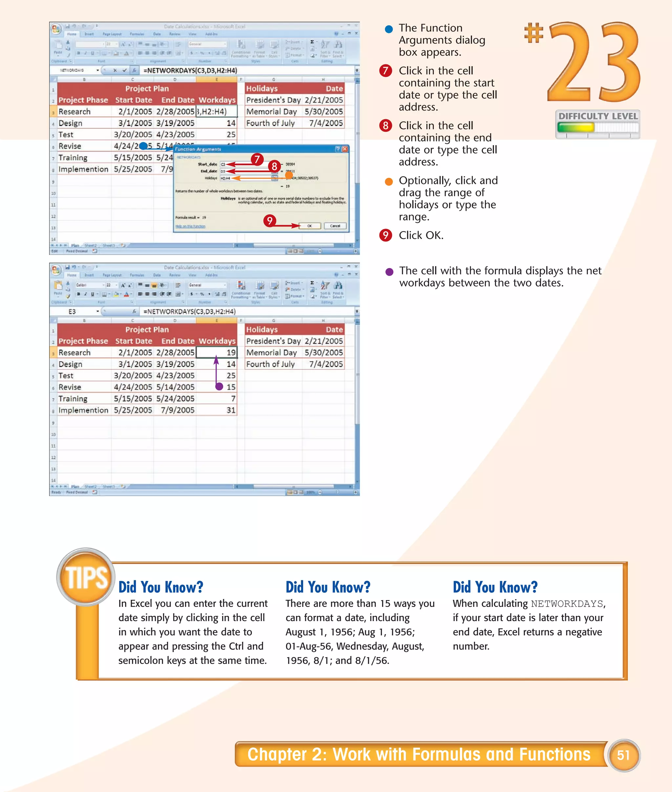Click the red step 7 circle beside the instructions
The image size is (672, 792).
(386, 71)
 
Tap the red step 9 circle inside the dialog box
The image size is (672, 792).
(270, 220)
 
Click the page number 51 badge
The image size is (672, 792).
(624, 755)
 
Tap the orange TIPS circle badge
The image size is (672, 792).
(86, 577)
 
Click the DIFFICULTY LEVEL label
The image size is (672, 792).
(598, 116)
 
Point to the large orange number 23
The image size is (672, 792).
(594, 63)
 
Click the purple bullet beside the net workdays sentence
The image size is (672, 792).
(389, 272)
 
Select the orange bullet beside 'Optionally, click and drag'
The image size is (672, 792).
(388, 182)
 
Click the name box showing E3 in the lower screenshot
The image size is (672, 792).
(73, 311)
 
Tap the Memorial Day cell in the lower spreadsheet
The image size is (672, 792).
(272, 352)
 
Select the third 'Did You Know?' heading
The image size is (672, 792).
(495, 587)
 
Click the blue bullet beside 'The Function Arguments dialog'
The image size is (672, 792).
(388, 29)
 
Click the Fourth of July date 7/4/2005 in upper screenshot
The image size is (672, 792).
(326, 123)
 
